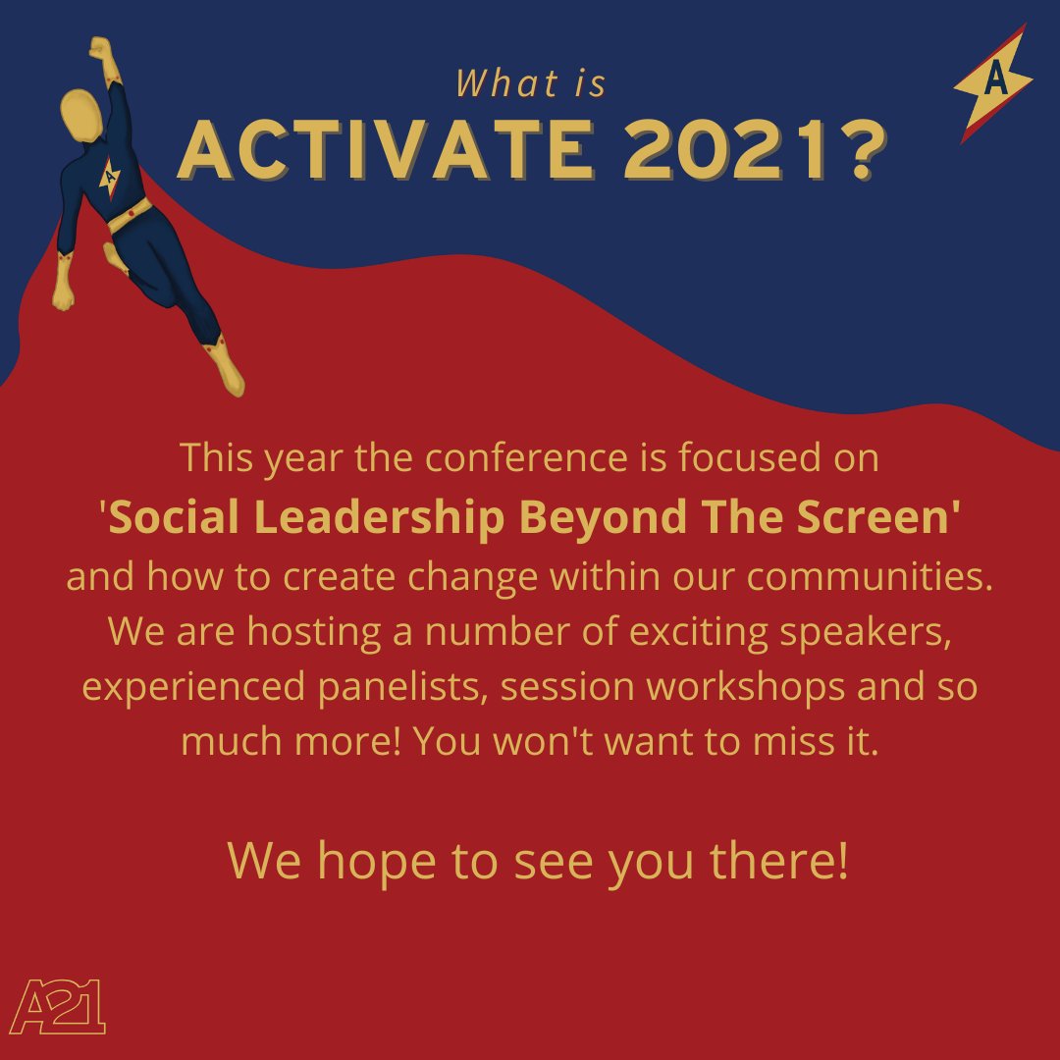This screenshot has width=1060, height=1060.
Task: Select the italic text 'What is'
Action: coord(531,85)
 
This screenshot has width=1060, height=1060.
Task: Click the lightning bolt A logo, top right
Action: coord(993,82)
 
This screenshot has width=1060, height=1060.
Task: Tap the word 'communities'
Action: coord(874,577)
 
